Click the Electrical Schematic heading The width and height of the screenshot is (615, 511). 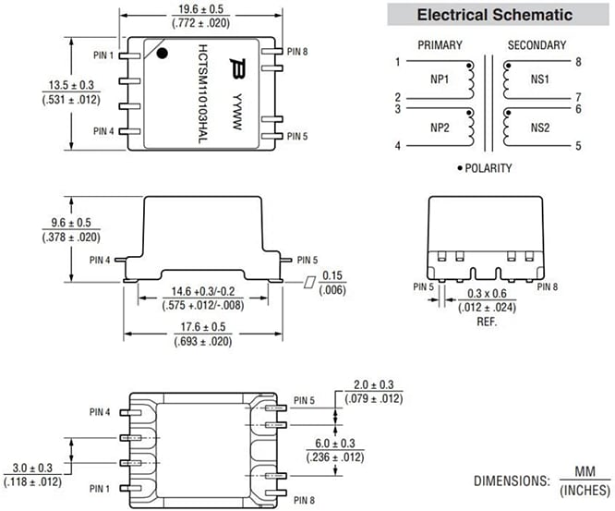coord(494,15)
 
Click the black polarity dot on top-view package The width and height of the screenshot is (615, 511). coord(163,54)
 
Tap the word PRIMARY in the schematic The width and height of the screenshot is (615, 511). coord(440,44)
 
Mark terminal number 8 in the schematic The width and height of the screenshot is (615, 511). coord(579,62)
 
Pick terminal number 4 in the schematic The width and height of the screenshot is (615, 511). coord(398,145)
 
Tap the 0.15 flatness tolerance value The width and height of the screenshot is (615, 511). coord(333,275)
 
